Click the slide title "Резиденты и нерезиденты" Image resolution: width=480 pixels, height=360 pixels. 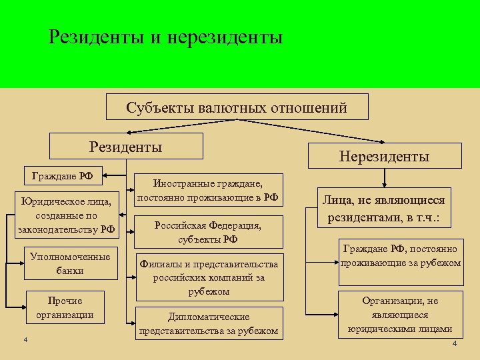tap(166, 37)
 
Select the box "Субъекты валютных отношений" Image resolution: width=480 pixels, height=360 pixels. tap(237, 107)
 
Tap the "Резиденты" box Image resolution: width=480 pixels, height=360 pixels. tap(127, 146)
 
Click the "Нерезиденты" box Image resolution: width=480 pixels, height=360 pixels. tap(384, 157)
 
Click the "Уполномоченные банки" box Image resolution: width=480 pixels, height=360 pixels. tap(70, 263)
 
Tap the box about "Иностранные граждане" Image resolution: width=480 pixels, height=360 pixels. tap(207, 190)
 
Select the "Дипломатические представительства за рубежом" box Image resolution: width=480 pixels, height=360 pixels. tap(209, 323)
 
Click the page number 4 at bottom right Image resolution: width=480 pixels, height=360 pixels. tap(454, 344)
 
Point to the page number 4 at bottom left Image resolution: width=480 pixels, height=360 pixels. tap(24, 341)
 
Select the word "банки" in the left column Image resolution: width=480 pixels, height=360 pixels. tap(70, 271)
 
